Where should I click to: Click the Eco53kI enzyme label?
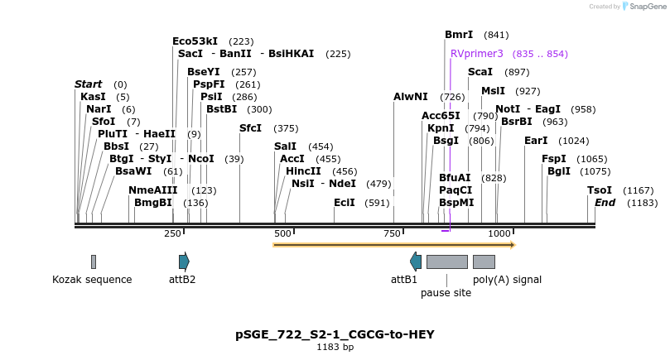click(195, 41)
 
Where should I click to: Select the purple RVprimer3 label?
click(476, 54)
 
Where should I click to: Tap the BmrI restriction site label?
click(459, 35)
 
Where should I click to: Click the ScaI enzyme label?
click(480, 72)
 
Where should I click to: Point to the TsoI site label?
click(600, 190)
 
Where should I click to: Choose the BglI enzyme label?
click(559, 171)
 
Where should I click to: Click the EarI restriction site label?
click(536, 141)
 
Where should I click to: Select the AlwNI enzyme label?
click(411, 97)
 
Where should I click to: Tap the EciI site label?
click(345, 203)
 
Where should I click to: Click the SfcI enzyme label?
click(250, 128)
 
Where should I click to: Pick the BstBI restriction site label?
click(221, 109)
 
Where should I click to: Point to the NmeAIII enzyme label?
click(153, 190)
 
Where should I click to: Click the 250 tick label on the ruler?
click(172, 234)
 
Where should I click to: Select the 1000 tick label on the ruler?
click(499, 234)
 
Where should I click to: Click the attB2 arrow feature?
click(184, 262)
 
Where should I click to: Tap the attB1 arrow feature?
click(416, 262)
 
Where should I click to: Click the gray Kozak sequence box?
click(94, 262)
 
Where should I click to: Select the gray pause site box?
click(446, 262)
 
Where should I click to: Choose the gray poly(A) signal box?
click(484, 262)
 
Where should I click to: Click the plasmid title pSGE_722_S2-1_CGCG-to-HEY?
click(335, 334)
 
